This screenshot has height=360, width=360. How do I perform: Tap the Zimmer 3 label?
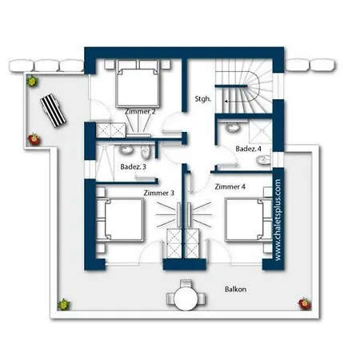[x=158, y=194]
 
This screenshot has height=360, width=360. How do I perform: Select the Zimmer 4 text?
[x=230, y=186]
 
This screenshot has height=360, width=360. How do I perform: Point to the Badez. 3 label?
[x=132, y=167]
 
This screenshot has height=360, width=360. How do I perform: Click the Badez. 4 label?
[x=247, y=149]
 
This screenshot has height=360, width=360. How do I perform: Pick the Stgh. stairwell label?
[x=203, y=100]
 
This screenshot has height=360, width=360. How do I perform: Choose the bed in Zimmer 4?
[x=246, y=220]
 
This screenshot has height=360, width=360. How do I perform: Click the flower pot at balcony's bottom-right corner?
[x=303, y=302]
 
